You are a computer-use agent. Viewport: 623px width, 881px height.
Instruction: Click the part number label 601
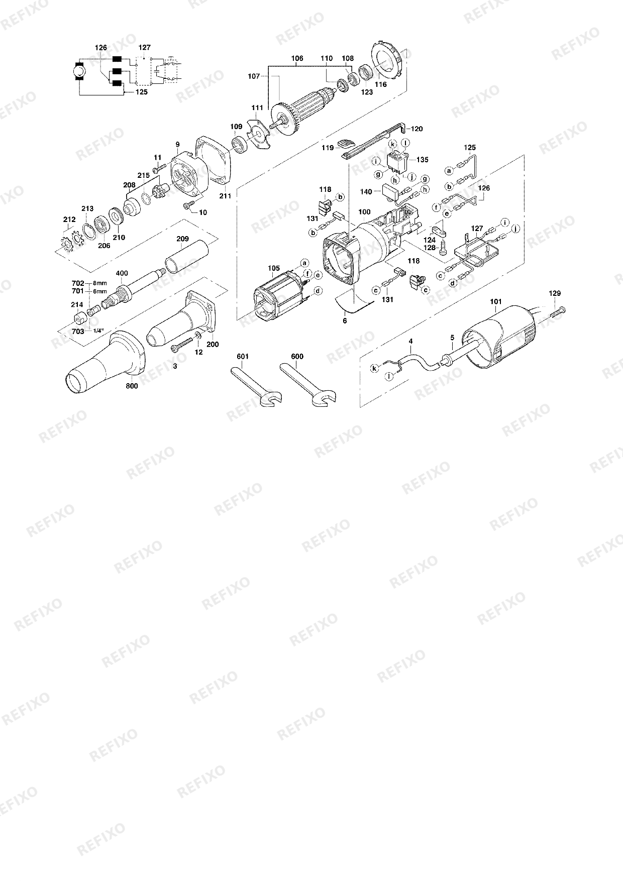[x=243, y=357]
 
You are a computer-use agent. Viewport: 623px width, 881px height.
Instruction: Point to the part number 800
[x=132, y=386]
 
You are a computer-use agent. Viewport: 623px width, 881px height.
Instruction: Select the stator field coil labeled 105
[x=281, y=296]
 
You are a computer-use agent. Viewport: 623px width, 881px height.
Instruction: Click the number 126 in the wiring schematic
[x=101, y=48]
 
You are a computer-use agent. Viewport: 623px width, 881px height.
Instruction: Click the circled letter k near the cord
[x=374, y=369]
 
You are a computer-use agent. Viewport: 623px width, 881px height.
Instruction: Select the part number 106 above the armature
[x=297, y=58]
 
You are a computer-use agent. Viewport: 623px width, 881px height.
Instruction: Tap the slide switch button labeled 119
[x=346, y=144]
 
